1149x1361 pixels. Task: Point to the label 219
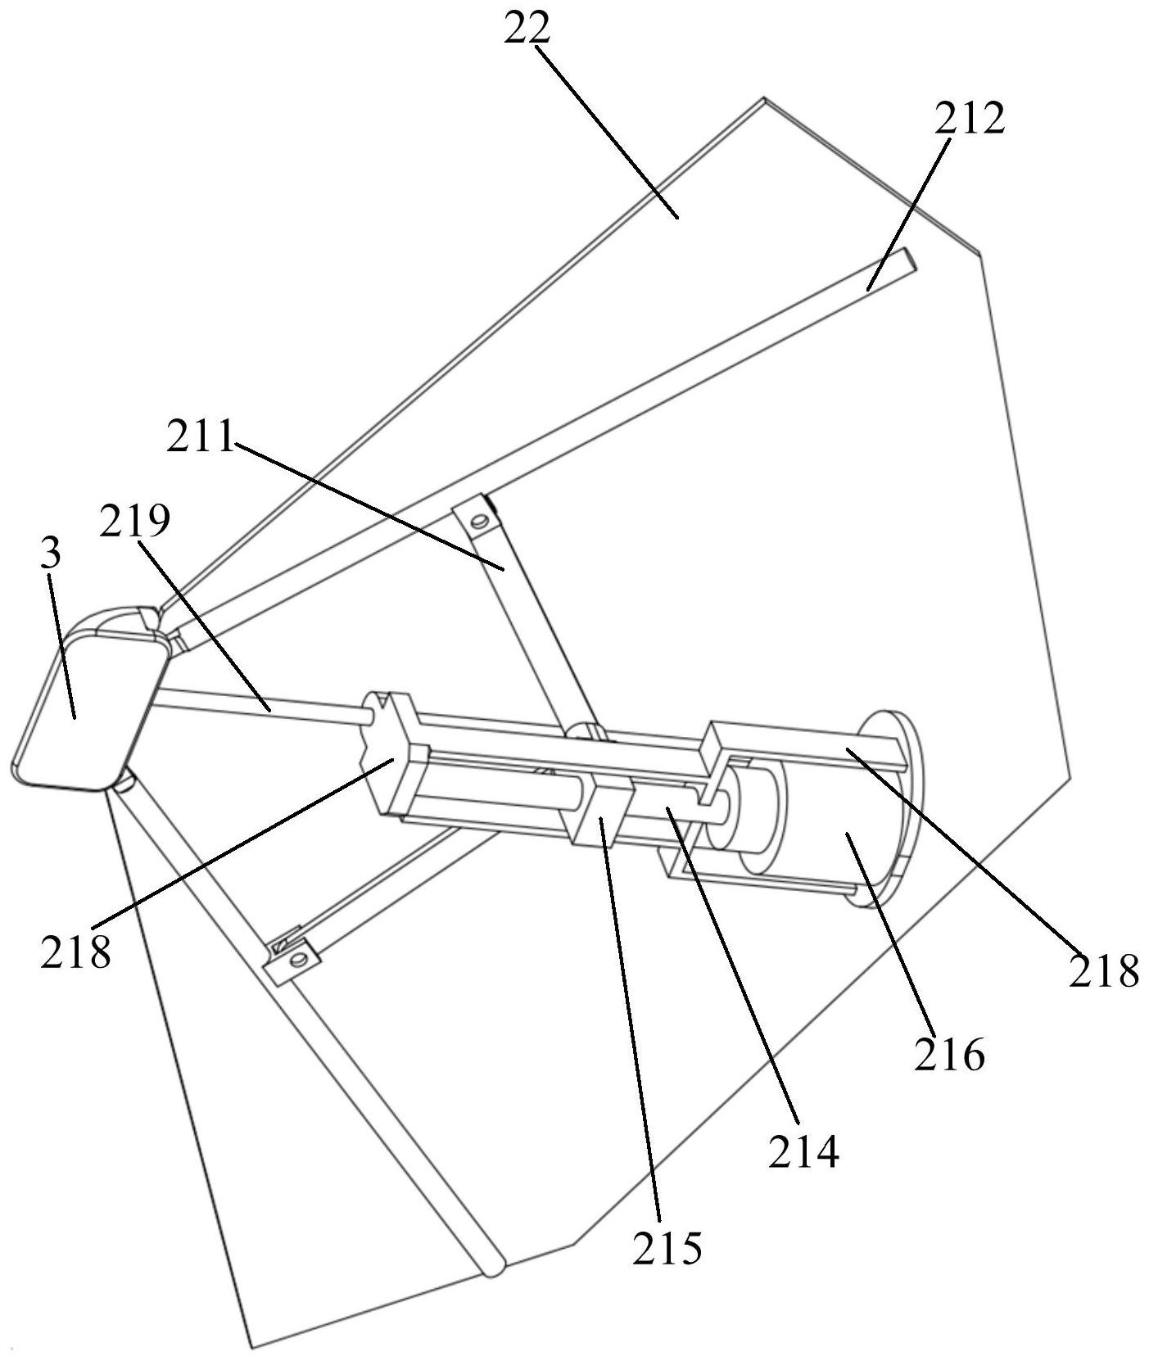[134, 521]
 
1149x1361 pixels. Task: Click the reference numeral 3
[51, 554]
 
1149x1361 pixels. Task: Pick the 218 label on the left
[75, 952]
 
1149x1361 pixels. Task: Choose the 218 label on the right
[1103, 970]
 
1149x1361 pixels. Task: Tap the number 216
[949, 1056]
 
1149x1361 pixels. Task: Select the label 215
[667, 1248]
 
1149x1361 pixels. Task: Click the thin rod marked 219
[262, 703]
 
